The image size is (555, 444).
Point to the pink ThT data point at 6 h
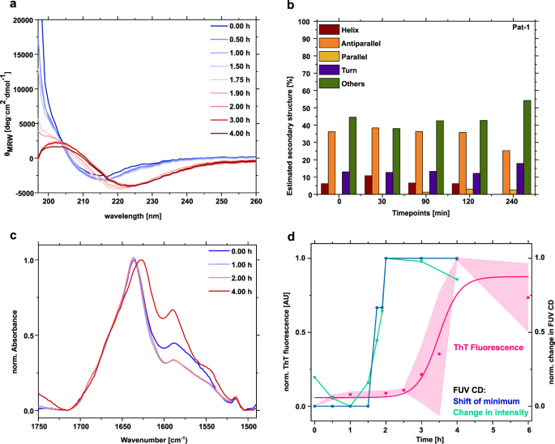[528, 297]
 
